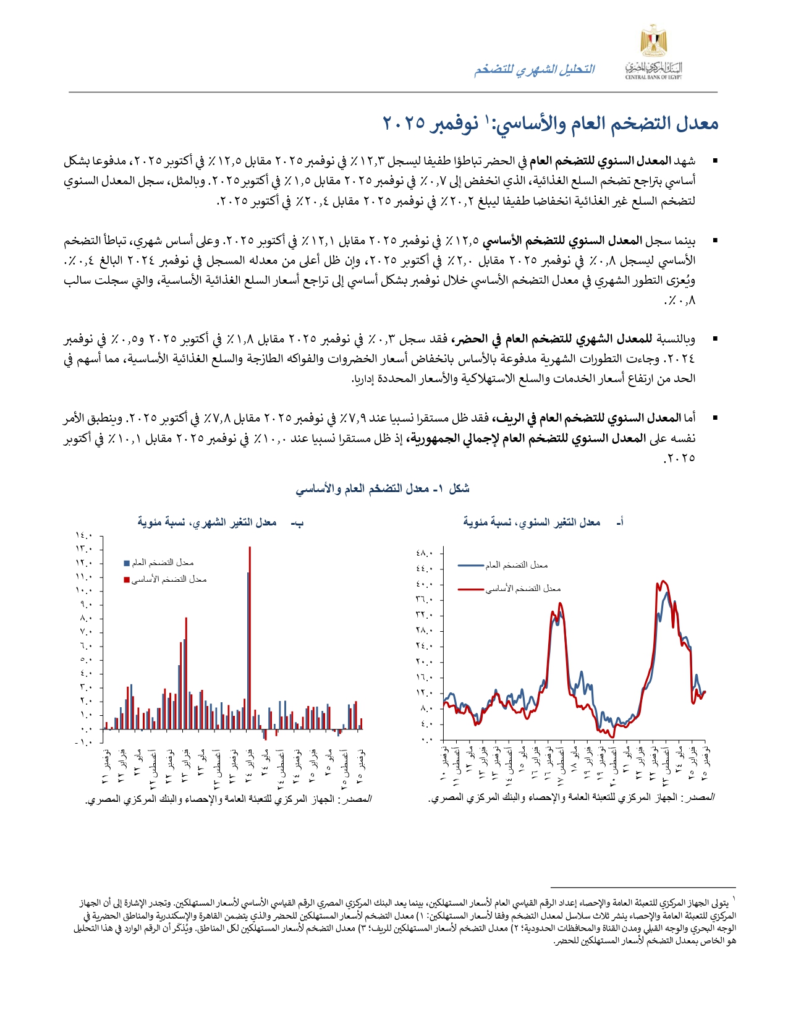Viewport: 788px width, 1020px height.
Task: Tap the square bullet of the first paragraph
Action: click(715, 161)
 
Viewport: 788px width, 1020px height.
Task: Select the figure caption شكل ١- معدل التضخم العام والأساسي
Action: click(383, 489)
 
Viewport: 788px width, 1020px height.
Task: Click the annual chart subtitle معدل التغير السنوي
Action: click(532, 522)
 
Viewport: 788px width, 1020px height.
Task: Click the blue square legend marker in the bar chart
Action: click(127, 563)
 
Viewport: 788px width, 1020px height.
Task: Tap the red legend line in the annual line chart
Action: click(471, 589)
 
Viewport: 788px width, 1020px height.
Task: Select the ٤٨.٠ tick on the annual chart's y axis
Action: click(425, 553)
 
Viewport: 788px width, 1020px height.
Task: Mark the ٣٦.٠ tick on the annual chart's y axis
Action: click(425, 600)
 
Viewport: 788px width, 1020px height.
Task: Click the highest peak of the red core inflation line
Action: click(663, 581)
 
